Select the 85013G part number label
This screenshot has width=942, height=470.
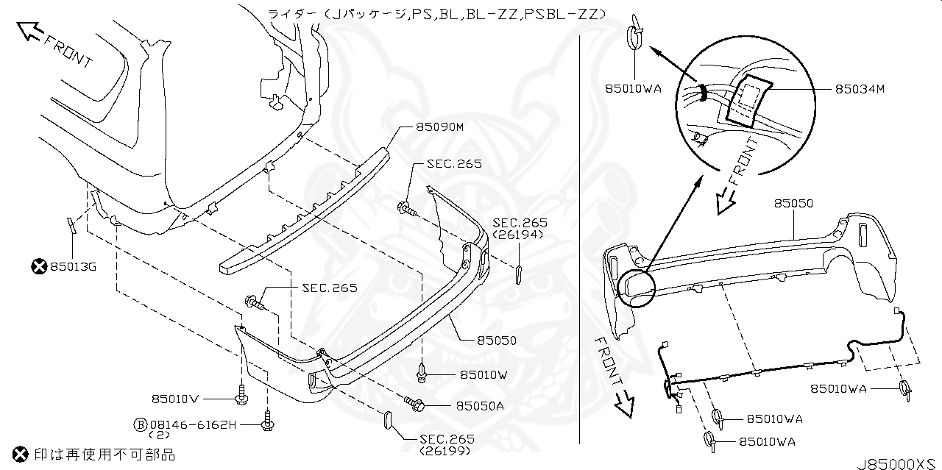pyautogui.click(x=72, y=266)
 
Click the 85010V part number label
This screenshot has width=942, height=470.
pyautogui.click(x=175, y=399)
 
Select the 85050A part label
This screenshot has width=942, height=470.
pyautogui.click(x=479, y=405)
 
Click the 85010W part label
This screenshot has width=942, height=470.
pyautogui.click(x=484, y=374)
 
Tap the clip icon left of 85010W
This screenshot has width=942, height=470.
pyautogui.click(x=423, y=373)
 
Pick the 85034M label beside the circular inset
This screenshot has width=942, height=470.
pyautogui.click(x=859, y=90)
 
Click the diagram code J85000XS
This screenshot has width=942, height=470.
pyautogui.click(x=897, y=464)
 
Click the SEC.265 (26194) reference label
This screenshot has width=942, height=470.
pyautogui.click(x=520, y=228)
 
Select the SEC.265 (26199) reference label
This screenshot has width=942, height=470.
pyautogui.click(x=447, y=444)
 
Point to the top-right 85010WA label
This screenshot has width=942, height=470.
pyautogui.click(x=632, y=88)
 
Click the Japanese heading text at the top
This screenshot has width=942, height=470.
pyautogui.click(x=436, y=14)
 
